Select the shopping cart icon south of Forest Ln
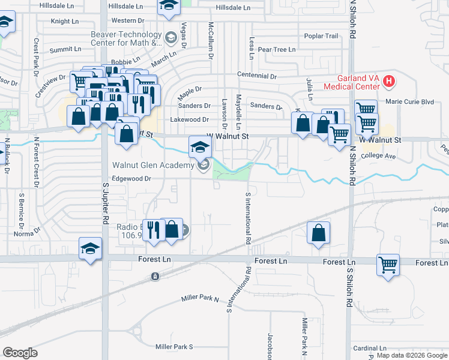point(388,264)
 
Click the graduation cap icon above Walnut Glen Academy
point(200,146)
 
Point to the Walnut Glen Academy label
point(152,165)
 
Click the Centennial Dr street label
point(257,77)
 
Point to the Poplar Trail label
point(322,36)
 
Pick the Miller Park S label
point(174,347)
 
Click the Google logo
point(20,353)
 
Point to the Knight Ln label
point(65,21)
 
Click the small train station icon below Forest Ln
point(155,276)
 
